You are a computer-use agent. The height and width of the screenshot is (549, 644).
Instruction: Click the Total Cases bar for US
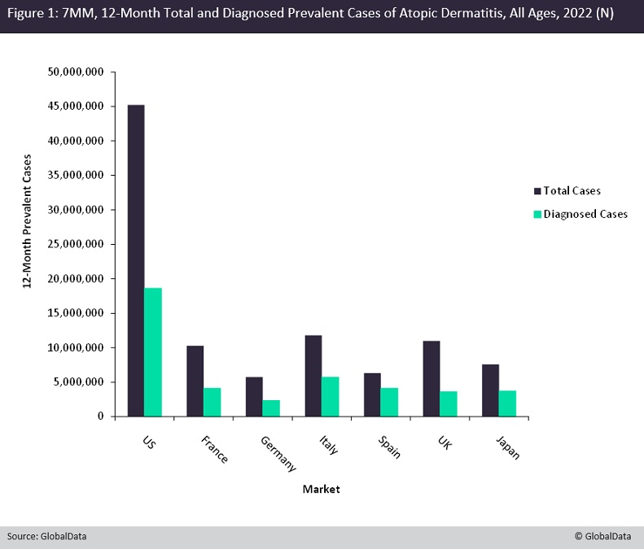[x=136, y=260]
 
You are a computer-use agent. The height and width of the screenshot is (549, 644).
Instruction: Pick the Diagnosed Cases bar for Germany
[x=271, y=408]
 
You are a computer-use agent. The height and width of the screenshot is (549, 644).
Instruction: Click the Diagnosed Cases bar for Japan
[x=507, y=403]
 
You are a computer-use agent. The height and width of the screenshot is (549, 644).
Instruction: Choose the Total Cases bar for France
[x=195, y=381]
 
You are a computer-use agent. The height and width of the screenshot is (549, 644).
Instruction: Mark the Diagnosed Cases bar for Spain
[x=389, y=402]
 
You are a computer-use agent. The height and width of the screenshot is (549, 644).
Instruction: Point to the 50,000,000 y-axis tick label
[x=75, y=72]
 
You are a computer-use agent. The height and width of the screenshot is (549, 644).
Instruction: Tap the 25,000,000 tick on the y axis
[x=75, y=244]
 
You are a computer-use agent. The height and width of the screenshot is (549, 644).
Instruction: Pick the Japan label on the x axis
[x=506, y=446]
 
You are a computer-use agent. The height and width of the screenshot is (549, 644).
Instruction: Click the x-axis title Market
[x=321, y=489]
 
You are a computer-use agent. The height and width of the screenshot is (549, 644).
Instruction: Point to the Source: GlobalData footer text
[x=46, y=537]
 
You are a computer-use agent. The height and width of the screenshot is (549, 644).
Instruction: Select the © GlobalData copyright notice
[x=605, y=537]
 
